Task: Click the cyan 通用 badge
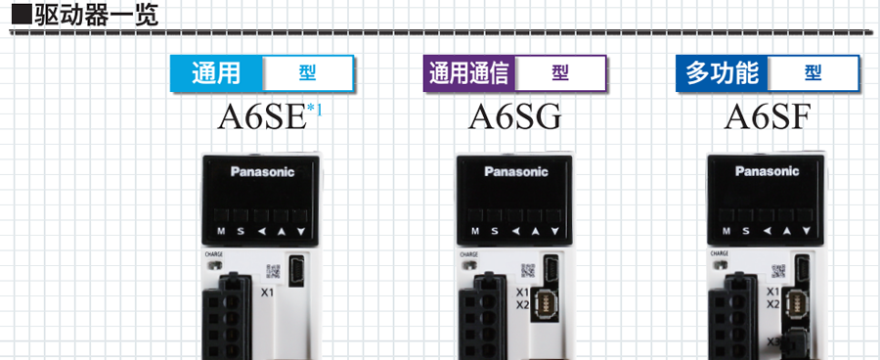pos(216,73)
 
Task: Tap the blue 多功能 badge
pos(722,73)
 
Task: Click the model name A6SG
pos(515,118)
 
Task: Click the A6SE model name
pos(260,118)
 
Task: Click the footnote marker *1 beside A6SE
pos(314,109)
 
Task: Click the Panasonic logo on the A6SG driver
pos(516,173)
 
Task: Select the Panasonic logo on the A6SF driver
pos(768,173)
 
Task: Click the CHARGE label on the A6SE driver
pos(213,254)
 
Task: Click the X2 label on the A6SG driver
pos(521,304)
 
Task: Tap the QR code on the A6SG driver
pos(528,269)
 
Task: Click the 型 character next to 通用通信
pos(559,73)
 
